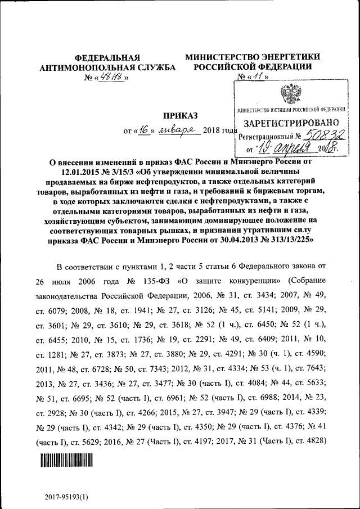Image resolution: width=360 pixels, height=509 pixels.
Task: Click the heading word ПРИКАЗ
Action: tap(181, 116)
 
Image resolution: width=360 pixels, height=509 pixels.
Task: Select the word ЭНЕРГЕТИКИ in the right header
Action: tap(290, 57)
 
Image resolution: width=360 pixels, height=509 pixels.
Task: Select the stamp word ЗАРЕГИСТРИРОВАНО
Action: tap(291, 122)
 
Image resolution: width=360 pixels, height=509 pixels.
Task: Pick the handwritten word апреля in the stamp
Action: tap(293, 149)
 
